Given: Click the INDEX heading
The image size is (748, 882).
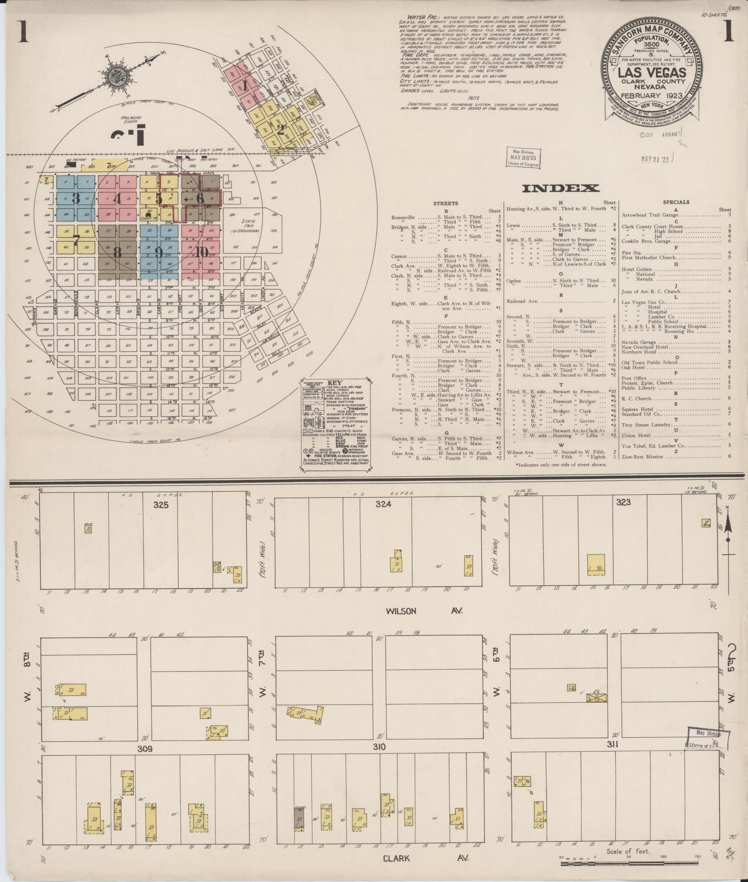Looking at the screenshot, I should [560, 188].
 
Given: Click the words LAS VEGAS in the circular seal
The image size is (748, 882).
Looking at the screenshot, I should [652, 72].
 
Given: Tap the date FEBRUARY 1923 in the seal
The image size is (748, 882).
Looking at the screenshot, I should [652, 95].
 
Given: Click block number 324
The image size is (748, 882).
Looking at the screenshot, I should [384, 504].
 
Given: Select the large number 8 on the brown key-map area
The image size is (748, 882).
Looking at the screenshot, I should [118, 253].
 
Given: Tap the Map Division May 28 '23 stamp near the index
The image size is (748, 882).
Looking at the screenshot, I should [523, 158].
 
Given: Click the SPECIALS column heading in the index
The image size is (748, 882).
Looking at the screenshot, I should [676, 202].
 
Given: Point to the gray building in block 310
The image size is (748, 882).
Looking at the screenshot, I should [299, 821].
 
